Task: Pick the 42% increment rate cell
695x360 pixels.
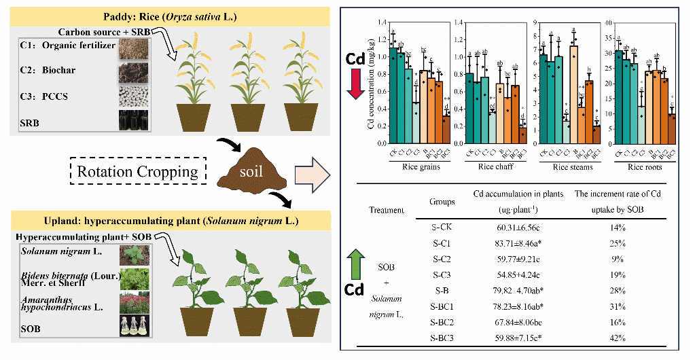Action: coord(618,338)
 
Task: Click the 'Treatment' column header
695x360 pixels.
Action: coord(385,211)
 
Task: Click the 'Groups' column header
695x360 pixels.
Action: coord(442,202)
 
